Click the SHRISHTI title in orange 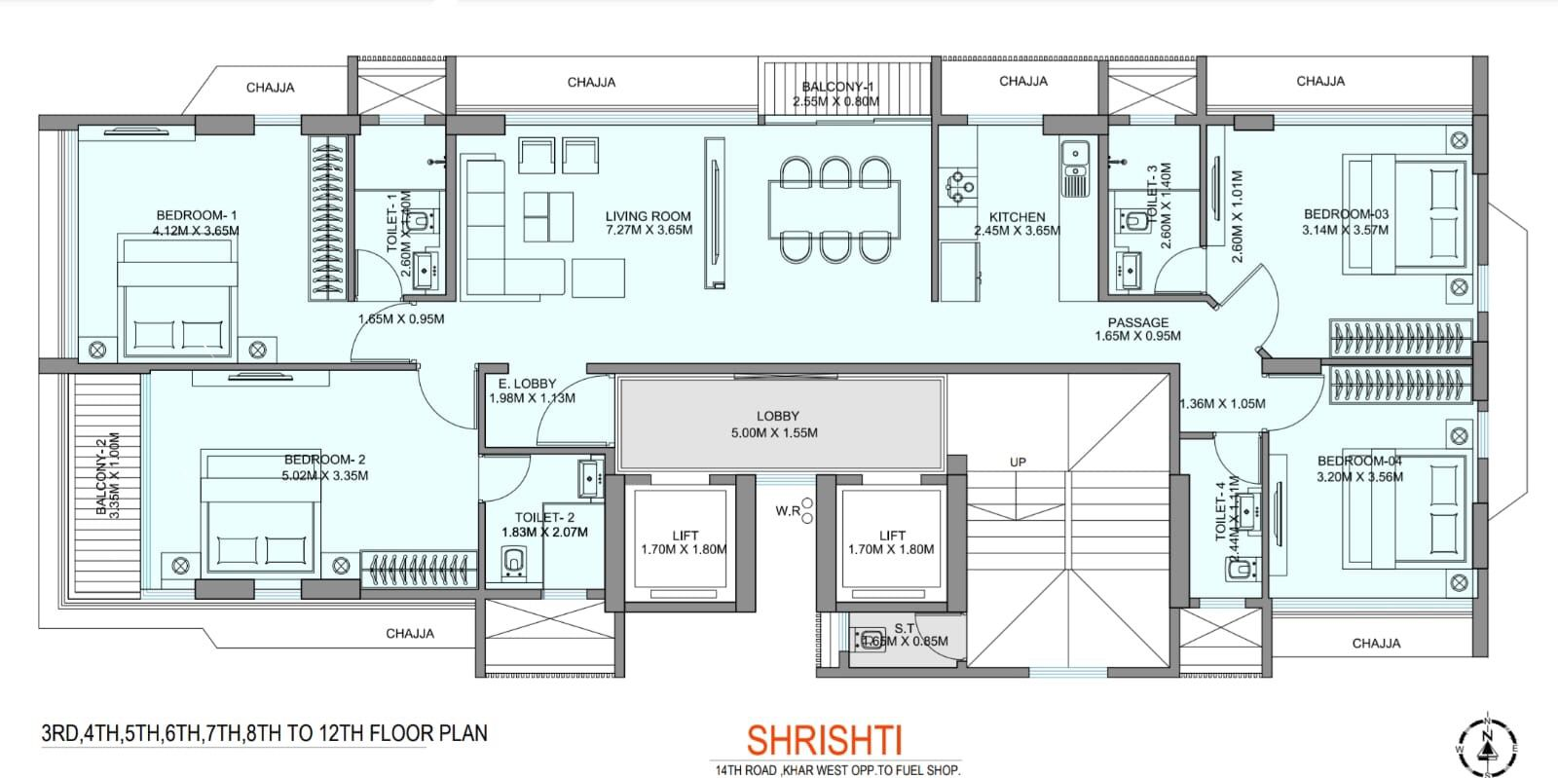pos(831,739)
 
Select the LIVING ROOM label pos(648,217)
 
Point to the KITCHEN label pos(1017,217)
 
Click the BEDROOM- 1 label pos(197,215)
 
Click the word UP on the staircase pos(1018,462)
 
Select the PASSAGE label pos(1137,322)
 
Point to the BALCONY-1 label pos(836,87)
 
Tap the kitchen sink pos(1075,154)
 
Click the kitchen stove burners pos(957,185)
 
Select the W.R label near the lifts pos(788,510)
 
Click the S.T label pos(905,628)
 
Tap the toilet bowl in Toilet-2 pos(514,562)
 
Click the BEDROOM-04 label pos(1359,461)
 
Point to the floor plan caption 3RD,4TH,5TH pos(264,733)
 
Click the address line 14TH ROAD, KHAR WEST pos(836,770)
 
